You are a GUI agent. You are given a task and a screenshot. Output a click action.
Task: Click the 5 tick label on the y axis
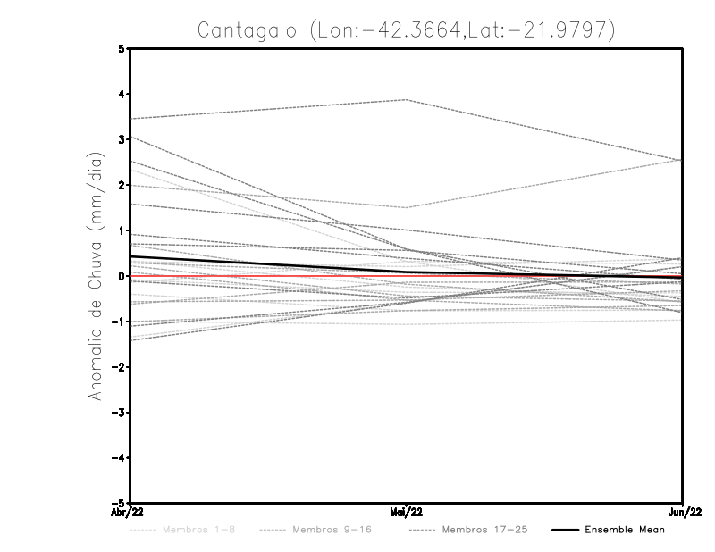[x=122, y=49]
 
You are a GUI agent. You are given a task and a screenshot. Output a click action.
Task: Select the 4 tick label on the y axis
[x=122, y=94]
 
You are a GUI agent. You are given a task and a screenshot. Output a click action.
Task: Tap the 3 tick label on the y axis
[x=122, y=139]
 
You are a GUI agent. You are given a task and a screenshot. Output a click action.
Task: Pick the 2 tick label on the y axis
[x=122, y=185]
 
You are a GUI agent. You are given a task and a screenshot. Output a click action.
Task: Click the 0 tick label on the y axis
[x=122, y=276]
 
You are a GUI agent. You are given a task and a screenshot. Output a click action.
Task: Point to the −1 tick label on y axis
[x=120, y=322]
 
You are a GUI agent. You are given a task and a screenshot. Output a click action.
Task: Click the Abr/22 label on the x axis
[x=130, y=512]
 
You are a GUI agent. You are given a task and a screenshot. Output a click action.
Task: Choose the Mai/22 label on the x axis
[x=407, y=512]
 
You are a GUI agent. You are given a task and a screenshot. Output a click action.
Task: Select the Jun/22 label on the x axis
[x=683, y=512]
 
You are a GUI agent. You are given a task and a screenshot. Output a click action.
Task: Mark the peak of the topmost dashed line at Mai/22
[x=407, y=100]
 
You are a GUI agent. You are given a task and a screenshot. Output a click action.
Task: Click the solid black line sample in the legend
[x=564, y=530]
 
